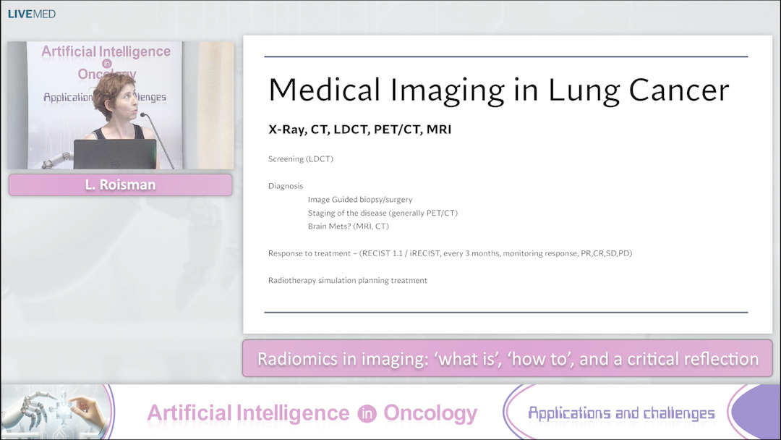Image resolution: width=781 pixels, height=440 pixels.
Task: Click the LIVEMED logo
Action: pyautogui.click(x=31, y=14)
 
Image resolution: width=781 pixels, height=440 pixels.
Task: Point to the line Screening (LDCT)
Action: pyautogui.click(x=300, y=158)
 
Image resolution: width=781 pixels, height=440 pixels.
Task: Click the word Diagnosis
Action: pyautogui.click(x=286, y=186)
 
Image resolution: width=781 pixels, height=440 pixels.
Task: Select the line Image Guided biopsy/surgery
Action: pyautogui.click(x=360, y=199)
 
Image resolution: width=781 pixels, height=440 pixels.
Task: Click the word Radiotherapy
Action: pyautogui.click(x=293, y=280)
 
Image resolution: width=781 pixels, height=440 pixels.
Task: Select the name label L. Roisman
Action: pyautogui.click(x=120, y=185)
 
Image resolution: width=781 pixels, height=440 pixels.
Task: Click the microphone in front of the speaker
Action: pyautogui.click(x=144, y=115)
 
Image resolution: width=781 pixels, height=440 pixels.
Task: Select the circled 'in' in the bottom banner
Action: pyautogui.click(x=366, y=413)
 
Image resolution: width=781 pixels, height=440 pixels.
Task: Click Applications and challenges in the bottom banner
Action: pyautogui.click(x=620, y=413)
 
